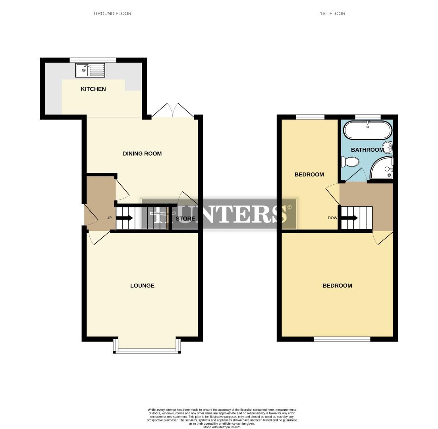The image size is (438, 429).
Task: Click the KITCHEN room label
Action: pyautogui.click(x=93, y=89)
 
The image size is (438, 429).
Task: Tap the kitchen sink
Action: pyautogui.click(x=90, y=70)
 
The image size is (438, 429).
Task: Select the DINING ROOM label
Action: pyautogui.click(x=142, y=154)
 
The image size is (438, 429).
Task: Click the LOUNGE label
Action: pyautogui.click(x=142, y=286)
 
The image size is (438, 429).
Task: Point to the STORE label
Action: pyautogui.click(x=185, y=218)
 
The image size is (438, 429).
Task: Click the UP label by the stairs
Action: pyautogui.click(x=109, y=218)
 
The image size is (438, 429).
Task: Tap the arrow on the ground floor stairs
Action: pyautogui.click(x=125, y=218)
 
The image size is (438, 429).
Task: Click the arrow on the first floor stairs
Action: pyautogui.click(x=350, y=218)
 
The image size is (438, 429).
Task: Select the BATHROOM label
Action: pyautogui.click(x=367, y=150)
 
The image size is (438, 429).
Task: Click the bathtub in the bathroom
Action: pyautogui.click(x=368, y=130)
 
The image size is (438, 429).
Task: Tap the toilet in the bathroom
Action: pyautogui.click(x=350, y=162)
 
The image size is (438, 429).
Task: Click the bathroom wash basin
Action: pyautogui.click(x=388, y=147)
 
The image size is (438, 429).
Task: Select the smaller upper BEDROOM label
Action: pyautogui.click(x=309, y=174)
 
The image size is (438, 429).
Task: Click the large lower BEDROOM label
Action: pyautogui.click(x=337, y=286)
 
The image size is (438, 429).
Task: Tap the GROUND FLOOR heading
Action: pyautogui.click(x=112, y=14)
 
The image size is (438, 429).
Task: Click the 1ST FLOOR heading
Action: pyautogui.click(x=332, y=14)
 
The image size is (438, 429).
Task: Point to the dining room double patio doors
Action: pyautogui.click(x=173, y=111)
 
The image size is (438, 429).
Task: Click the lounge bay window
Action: pyautogui.click(x=147, y=350)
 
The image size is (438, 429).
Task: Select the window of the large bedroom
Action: pyautogui.click(x=342, y=339)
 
